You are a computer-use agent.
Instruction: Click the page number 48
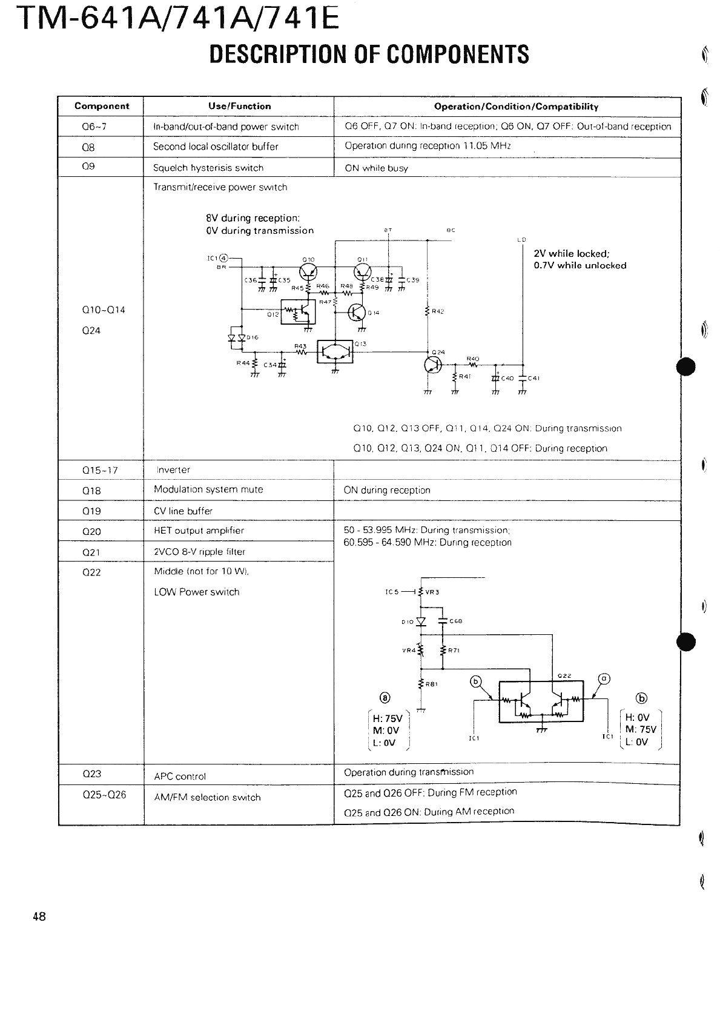[39, 917]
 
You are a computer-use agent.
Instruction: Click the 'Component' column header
[102, 106]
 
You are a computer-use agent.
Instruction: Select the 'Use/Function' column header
[239, 106]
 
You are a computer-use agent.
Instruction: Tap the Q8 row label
[88, 147]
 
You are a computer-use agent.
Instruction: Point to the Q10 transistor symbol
[308, 271]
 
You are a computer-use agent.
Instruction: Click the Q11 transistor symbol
[362, 271]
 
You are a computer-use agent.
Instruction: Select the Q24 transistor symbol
[434, 363]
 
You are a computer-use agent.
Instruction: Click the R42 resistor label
[437, 311]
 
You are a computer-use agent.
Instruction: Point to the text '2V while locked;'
[570, 254]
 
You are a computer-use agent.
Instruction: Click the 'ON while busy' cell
[376, 168]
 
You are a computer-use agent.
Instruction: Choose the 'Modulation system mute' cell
[208, 489]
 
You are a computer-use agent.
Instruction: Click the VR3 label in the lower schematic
[432, 592]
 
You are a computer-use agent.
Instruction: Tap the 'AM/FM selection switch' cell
[207, 797]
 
